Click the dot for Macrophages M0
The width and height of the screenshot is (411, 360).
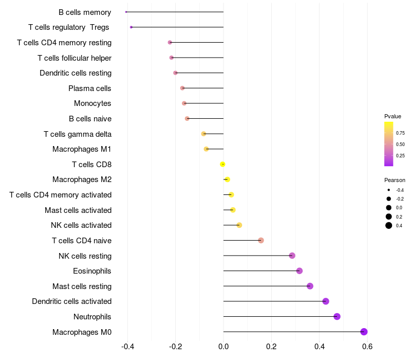(x=364, y=332)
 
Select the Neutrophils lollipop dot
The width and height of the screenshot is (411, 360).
(x=337, y=316)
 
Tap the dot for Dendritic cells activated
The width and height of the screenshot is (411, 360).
(x=325, y=301)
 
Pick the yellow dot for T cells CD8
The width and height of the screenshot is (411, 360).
(x=222, y=164)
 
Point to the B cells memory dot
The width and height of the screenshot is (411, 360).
(x=126, y=12)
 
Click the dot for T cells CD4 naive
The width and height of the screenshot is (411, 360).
(x=261, y=240)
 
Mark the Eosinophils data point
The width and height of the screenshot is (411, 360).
(x=300, y=271)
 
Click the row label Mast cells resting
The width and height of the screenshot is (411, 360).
(x=82, y=286)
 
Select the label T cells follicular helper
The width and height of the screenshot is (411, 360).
(x=74, y=58)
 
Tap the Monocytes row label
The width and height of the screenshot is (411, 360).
(x=92, y=103)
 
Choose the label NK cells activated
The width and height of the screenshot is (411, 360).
(x=81, y=225)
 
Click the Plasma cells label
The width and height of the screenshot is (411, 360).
(x=90, y=88)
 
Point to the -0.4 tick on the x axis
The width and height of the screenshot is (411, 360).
(x=127, y=347)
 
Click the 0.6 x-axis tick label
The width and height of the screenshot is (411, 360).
(x=367, y=347)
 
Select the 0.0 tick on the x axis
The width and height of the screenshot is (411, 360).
(x=223, y=347)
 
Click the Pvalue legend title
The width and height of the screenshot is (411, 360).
(x=393, y=116)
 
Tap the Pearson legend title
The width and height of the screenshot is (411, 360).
(x=395, y=180)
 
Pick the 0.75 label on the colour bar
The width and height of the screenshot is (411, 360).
(x=400, y=133)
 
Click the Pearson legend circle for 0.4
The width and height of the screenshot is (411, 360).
(x=389, y=225)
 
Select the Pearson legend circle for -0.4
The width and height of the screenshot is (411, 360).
(x=389, y=190)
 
